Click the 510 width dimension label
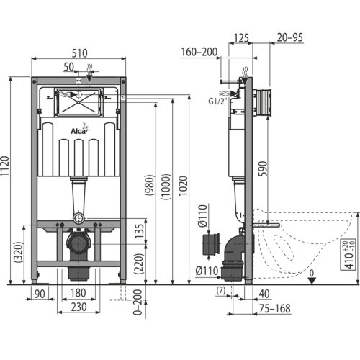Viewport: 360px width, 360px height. [79, 53]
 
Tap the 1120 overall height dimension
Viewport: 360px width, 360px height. [5, 166]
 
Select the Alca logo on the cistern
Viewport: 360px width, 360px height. [80, 130]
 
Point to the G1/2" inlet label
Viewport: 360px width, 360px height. [217, 102]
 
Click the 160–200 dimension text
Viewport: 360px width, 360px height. [199, 52]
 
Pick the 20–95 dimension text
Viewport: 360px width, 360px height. [290, 37]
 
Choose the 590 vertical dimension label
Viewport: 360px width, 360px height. [263, 168]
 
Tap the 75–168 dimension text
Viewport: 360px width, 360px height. [275, 309]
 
